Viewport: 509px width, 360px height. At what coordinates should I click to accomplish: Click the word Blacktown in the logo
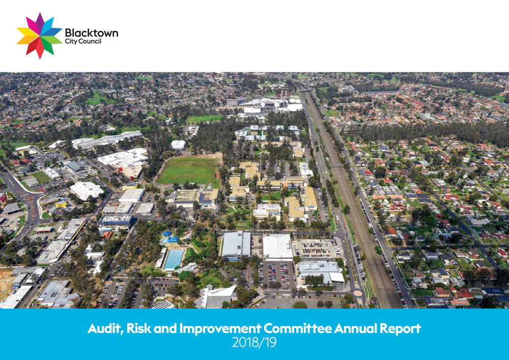[x=91, y=33]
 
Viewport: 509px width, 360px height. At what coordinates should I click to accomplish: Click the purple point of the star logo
[x=39, y=21]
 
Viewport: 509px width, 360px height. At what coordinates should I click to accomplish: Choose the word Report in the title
[x=403, y=329]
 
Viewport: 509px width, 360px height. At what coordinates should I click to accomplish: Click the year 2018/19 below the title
[x=254, y=343]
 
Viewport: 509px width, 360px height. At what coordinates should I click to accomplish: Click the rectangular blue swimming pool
[x=174, y=259]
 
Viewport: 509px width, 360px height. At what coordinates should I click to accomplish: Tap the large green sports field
[x=188, y=170]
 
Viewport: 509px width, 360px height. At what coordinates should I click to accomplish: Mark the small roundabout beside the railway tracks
[x=358, y=293]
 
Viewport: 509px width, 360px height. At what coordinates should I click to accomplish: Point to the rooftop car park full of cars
[x=316, y=248]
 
